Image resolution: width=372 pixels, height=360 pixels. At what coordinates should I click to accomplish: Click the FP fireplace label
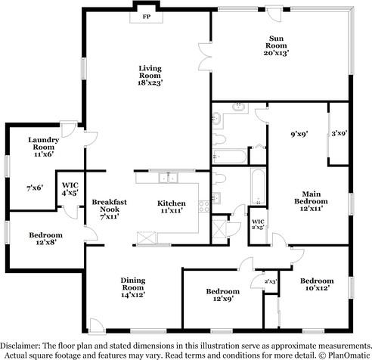pyautogui.click(x=147, y=17)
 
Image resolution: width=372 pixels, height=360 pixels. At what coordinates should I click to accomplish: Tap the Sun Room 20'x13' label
pyautogui.click(x=276, y=45)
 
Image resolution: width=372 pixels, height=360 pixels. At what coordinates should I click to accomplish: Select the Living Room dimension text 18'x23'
pyautogui.click(x=150, y=82)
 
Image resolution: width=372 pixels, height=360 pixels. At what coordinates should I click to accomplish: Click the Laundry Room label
pyautogui.click(x=44, y=143)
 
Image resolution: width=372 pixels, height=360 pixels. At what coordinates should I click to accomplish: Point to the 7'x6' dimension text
pyautogui.click(x=35, y=188)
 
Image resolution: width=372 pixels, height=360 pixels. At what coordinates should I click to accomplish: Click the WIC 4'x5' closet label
pyautogui.click(x=70, y=189)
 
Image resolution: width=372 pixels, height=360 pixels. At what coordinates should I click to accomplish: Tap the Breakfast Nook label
pyautogui.click(x=110, y=206)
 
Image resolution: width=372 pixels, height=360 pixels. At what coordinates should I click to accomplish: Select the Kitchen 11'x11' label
pyautogui.click(x=172, y=206)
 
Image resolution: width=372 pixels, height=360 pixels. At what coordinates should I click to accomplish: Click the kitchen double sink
pyautogui.click(x=168, y=178)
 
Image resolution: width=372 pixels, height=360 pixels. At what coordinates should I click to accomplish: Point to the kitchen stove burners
pyautogui.click(x=203, y=206)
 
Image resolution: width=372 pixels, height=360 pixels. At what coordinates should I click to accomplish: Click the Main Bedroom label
pyautogui.click(x=311, y=197)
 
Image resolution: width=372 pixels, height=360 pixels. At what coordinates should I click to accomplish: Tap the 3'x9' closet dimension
pyautogui.click(x=339, y=133)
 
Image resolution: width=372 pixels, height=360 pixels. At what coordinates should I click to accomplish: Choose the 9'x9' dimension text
pyautogui.click(x=299, y=134)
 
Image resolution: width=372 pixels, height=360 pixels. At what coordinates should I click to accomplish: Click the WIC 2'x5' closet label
pyautogui.click(x=258, y=224)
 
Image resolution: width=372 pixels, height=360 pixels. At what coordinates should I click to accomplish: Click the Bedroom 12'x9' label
pyautogui.click(x=223, y=295)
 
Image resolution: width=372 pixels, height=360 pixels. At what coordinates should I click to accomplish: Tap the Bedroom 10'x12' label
pyautogui.click(x=317, y=284)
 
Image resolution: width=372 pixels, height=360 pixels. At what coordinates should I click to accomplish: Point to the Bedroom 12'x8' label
pyautogui.click(x=46, y=239)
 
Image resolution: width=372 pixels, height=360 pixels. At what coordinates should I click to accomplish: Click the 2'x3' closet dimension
pyautogui.click(x=271, y=281)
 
